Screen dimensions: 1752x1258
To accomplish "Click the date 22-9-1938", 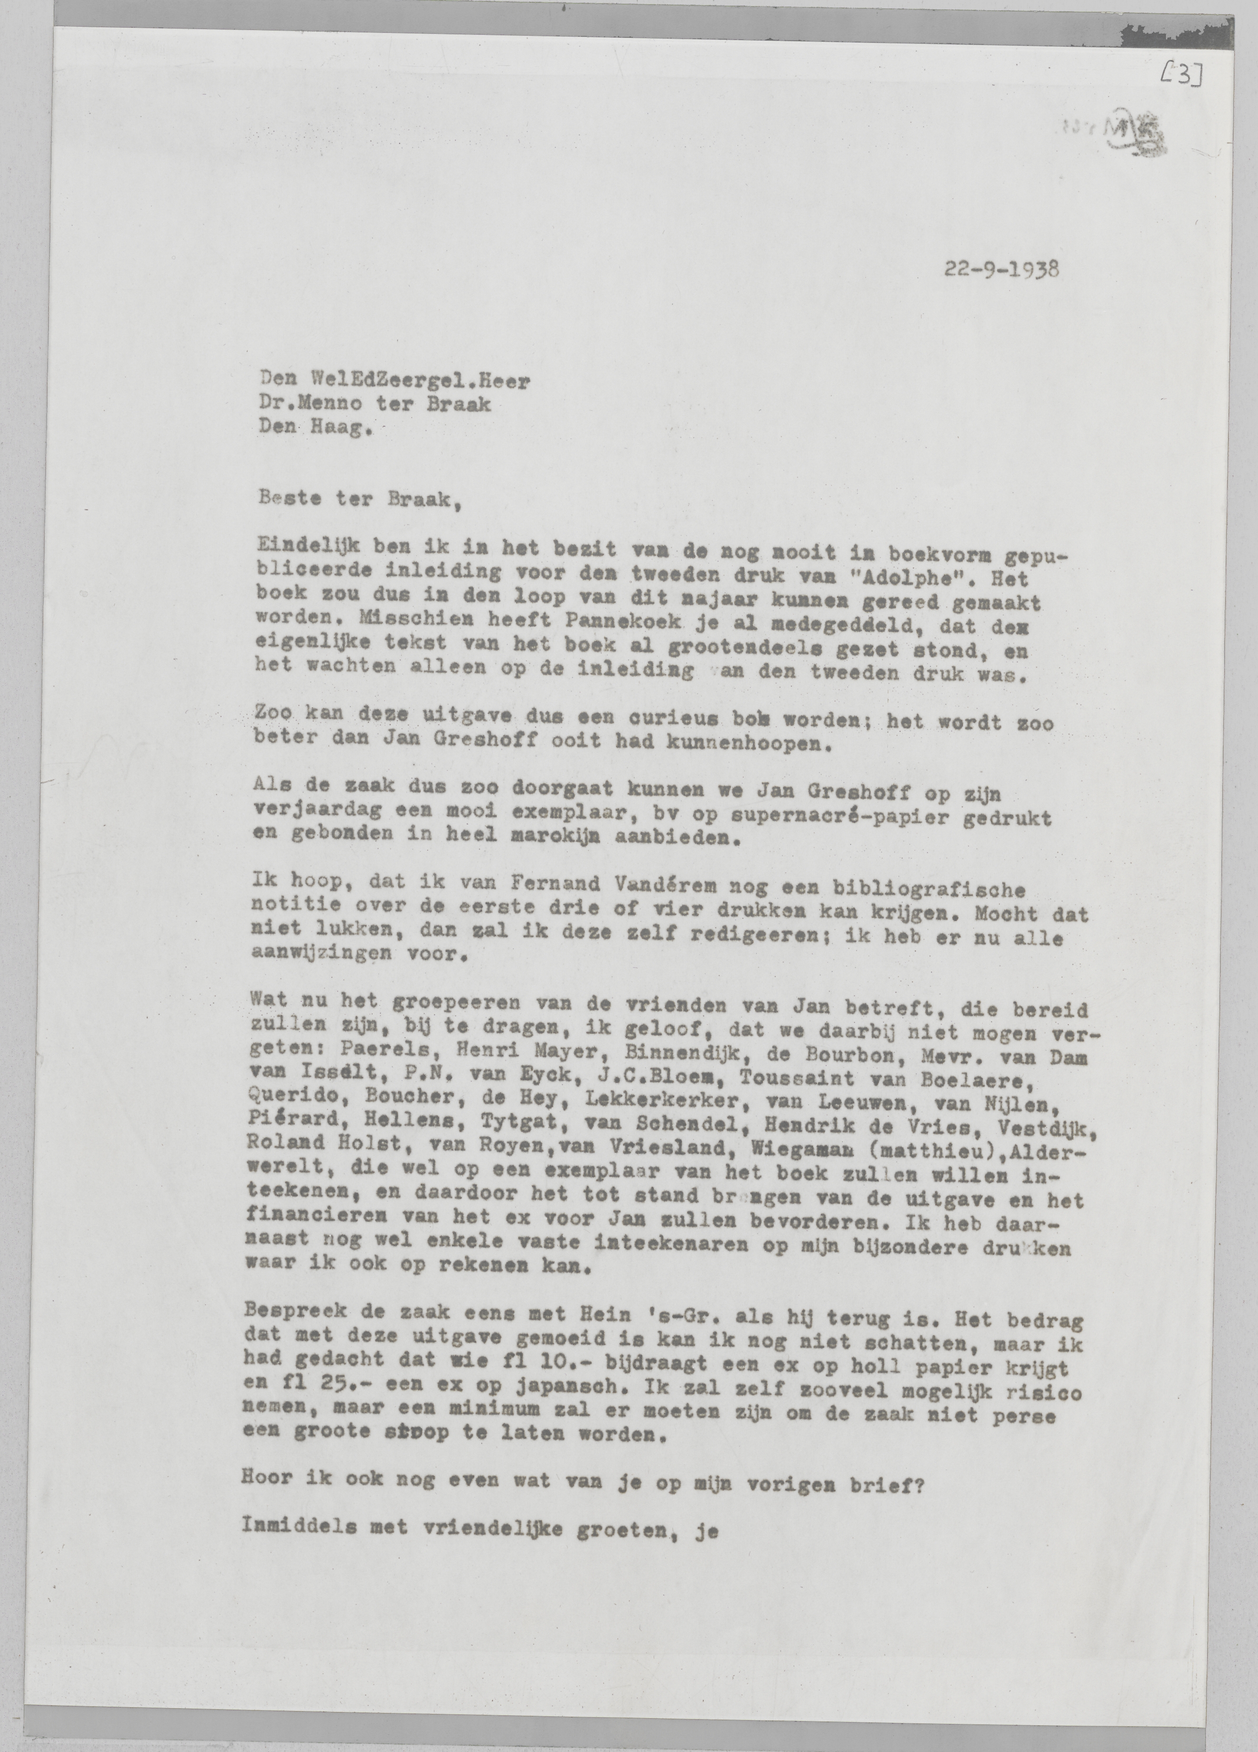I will pyautogui.click(x=1000, y=270).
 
